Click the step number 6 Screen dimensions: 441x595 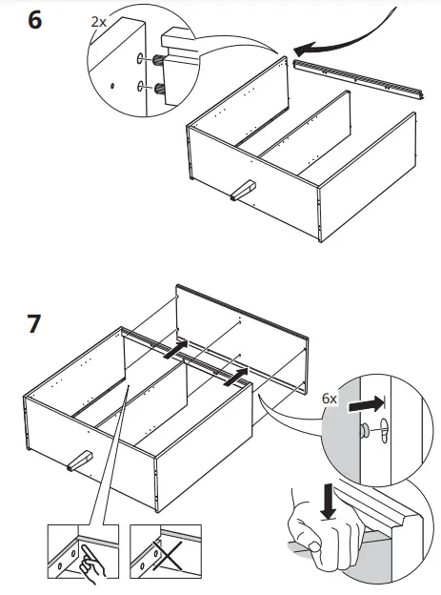tap(35, 20)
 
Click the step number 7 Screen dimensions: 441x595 tap(33, 323)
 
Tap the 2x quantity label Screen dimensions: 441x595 tap(99, 22)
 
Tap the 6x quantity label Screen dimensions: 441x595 tap(330, 399)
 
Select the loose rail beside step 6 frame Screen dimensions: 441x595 tap(358, 79)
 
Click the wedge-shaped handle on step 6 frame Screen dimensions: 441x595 tap(243, 191)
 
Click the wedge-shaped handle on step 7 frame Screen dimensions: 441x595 tap(80, 461)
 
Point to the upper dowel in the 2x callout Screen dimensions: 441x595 tap(158, 59)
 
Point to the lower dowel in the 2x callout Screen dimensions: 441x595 tap(158, 89)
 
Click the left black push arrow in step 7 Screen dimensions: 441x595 tap(175, 350)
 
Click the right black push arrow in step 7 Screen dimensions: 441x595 tap(236, 377)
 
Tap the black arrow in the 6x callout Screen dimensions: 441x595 tap(367, 403)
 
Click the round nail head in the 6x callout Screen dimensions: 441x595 tap(366, 429)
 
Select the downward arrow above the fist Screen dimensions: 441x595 tap(329, 501)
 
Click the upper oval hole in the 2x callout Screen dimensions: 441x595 tap(140, 58)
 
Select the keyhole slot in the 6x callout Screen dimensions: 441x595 tap(385, 430)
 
